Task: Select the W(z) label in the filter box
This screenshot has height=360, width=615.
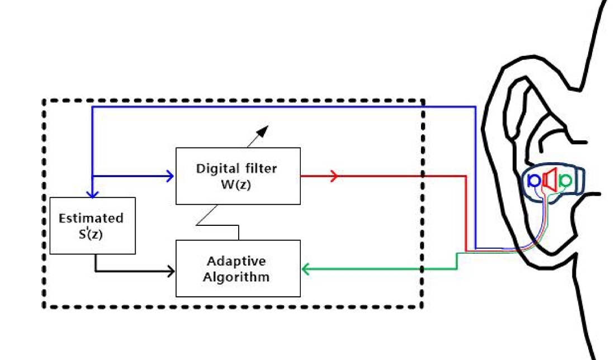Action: click(238, 184)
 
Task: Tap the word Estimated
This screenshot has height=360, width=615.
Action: click(91, 217)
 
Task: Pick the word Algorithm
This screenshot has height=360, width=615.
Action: click(238, 277)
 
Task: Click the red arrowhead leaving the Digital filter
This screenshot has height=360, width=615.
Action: click(334, 176)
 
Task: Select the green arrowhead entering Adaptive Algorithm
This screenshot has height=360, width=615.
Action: click(306, 270)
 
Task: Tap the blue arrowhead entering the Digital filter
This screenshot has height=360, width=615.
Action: click(170, 176)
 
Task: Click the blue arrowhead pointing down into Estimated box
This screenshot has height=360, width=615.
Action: click(92, 193)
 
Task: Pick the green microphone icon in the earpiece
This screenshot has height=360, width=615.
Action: click(565, 180)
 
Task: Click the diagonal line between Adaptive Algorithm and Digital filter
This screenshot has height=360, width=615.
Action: click(207, 215)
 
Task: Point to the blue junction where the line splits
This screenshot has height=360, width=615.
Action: click(92, 176)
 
